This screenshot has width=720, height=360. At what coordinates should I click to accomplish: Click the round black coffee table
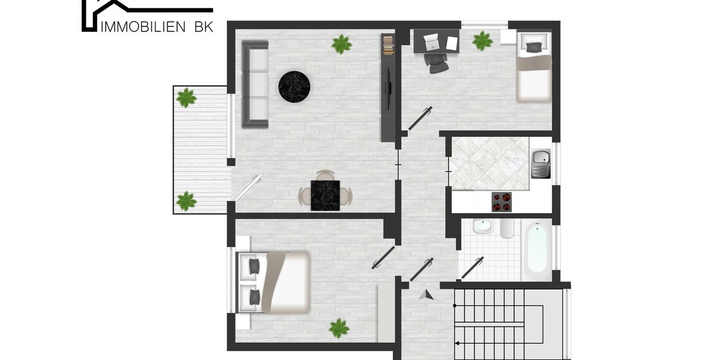(x=294, y=87)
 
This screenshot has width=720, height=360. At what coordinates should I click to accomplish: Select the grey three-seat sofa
(x=255, y=84)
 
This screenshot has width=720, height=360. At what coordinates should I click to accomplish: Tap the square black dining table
(x=325, y=196)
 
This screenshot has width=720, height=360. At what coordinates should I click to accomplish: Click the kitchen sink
(x=541, y=164)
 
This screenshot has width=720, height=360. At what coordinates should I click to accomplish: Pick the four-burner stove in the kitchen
(x=502, y=202)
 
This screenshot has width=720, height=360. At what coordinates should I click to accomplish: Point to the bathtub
(x=537, y=249)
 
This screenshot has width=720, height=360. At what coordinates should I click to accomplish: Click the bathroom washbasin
(x=482, y=226)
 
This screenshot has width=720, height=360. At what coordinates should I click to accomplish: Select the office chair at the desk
(x=436, y=63)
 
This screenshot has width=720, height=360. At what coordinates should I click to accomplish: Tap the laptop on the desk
(x=431, y=42)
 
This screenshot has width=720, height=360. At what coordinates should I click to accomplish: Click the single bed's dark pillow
(x=533, y=47)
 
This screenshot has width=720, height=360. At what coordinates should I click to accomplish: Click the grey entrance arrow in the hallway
(x=426, y=295)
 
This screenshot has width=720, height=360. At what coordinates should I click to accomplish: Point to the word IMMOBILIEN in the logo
(x=143, y=27)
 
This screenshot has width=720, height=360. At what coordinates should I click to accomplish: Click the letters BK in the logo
(x=204, y=27)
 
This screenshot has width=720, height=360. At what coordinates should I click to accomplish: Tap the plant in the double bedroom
(x=339, y=328)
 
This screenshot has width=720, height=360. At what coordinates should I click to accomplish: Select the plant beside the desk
(x=482, y=41)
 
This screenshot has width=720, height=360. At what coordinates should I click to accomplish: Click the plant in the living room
(x=341, y=44)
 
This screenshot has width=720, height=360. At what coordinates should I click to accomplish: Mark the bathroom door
(x=473, y=268)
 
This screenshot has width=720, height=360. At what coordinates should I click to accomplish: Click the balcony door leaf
(x=248, y=187)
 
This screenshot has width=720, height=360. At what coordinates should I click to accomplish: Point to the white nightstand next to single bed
(x=508, y=37)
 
